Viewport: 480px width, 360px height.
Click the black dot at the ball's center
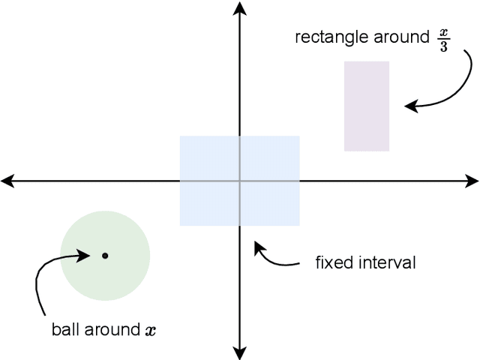(105, 256)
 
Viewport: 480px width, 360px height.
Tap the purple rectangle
(367, 106)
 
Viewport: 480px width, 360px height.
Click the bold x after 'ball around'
(151, 330)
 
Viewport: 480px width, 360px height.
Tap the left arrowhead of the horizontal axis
(6, 181)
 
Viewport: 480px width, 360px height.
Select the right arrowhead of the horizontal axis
(474, 181)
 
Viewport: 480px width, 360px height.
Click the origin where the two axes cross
(240, 181)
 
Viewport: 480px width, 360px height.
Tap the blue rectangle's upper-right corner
(299, 136)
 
